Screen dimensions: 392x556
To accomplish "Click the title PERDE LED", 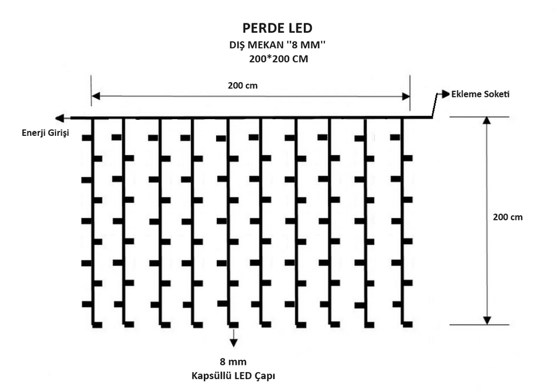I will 277,28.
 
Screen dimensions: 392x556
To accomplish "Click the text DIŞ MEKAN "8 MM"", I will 277,45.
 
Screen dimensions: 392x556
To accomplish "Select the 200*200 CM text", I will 277,59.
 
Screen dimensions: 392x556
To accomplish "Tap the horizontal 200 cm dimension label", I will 243,86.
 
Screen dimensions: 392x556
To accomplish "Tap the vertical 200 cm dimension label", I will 508,217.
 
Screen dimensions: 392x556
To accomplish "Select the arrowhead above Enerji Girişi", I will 59,118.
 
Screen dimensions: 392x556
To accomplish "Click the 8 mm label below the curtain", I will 233,362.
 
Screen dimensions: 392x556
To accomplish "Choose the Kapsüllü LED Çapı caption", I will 233,375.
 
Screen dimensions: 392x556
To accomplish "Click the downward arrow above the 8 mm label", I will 233,341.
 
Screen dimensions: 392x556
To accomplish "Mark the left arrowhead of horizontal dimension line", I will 96,96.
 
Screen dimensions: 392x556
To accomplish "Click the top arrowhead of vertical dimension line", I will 487,121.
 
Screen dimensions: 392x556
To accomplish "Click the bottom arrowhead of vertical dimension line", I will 487,320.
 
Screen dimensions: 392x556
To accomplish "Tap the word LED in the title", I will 300,28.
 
